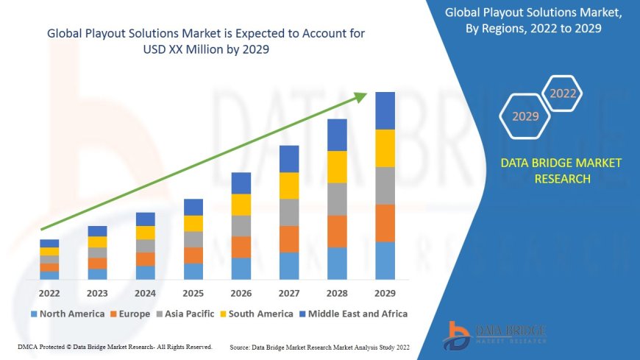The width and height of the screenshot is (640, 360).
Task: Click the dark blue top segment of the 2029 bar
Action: pos(385,110)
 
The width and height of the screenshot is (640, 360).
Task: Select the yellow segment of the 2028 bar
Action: pos(337,166)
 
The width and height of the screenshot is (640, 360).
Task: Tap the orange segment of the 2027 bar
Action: pos(289,239)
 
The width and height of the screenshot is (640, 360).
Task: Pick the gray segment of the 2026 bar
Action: pos(241,225)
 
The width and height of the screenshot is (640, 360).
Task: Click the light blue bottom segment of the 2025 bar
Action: pos(193,271)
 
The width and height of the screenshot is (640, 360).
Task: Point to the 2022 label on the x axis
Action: pos(49,292)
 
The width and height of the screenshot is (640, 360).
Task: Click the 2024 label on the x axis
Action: pos(146,292)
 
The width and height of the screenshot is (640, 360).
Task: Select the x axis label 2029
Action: pos(385,292)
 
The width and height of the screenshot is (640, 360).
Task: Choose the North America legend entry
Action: pos(67,314)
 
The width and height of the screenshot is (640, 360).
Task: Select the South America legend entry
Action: pos(255,314)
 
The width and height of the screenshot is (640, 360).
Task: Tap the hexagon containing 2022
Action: pos(563,93)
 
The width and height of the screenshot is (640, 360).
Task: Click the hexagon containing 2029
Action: pos(525,116)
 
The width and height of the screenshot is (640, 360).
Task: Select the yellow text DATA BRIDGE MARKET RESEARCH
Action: pos(561,171)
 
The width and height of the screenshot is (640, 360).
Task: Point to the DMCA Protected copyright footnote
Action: pos(115,347)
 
